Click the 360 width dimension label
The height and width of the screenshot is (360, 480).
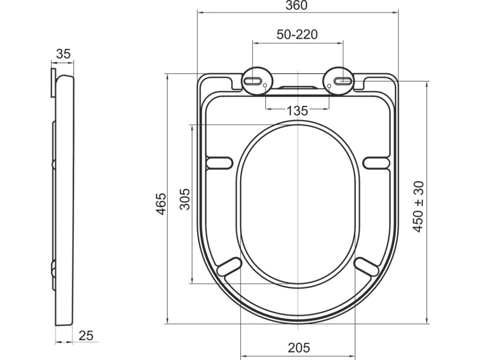point(296,5)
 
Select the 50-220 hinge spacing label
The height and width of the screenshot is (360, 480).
point(297,35)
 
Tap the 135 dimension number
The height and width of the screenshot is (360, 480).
point(297,111)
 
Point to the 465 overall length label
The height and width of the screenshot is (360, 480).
point(161,203)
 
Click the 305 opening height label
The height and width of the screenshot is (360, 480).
point(185,199)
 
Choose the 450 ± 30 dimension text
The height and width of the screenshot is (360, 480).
point(418,206)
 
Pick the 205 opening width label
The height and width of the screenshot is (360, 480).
point(299,347)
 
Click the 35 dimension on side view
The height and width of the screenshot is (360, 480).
point(63,54)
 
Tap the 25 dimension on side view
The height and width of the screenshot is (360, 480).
point(86,336)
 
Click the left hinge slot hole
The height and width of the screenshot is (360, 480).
point(252,81)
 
